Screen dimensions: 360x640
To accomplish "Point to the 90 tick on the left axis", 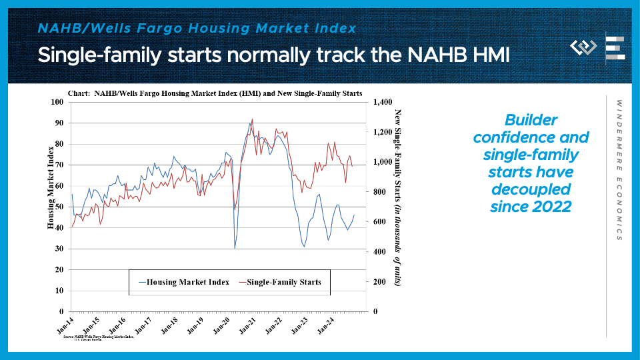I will (58, 123).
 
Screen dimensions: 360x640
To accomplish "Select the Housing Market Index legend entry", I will (183, 282).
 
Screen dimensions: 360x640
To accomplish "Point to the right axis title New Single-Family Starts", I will (398, 197).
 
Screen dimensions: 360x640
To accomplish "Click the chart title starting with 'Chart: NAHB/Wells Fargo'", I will (215, 93).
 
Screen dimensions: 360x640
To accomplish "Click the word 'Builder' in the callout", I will (531, 120).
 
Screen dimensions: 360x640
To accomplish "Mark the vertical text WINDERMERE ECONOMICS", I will (619, 171).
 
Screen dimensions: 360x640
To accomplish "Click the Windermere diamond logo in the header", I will (583, 47).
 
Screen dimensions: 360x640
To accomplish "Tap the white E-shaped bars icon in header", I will (615, 49).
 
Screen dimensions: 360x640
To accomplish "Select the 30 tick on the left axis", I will (58, 249).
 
